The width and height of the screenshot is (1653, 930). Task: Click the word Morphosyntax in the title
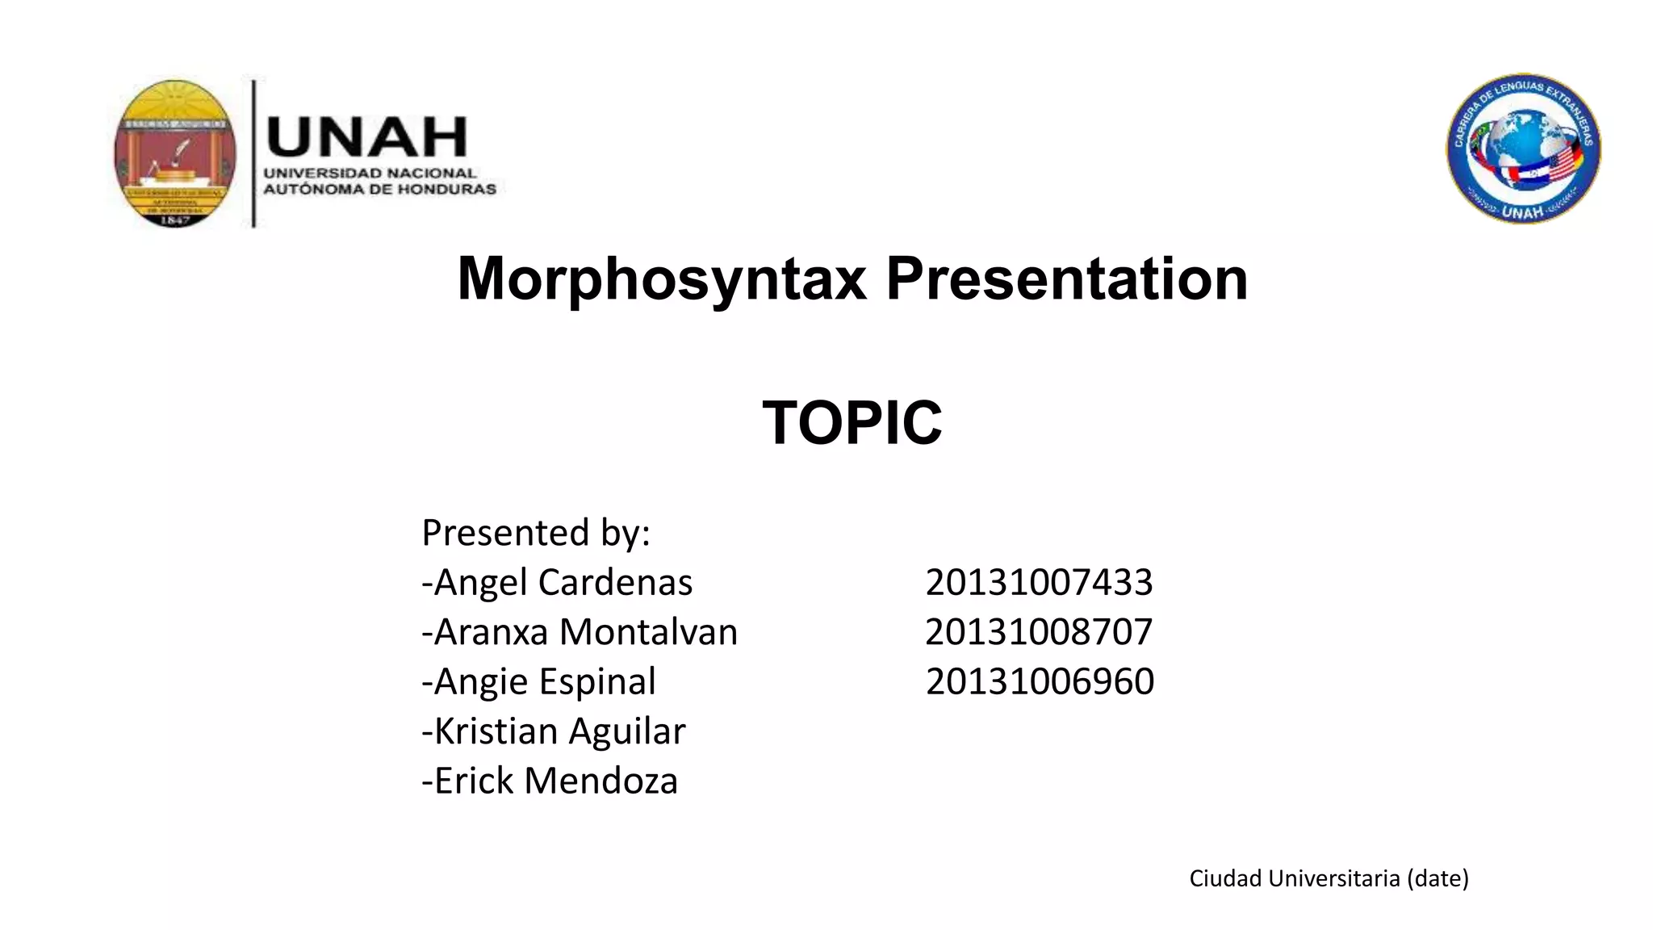662,279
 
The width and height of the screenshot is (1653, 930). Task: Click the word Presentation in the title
1066,279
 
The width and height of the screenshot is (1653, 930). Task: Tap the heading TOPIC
852,423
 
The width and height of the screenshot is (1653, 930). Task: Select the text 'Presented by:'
536,533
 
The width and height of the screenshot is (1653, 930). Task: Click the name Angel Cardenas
557,583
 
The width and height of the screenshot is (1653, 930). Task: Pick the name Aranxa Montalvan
580,632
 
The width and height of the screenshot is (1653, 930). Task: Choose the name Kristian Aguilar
554,731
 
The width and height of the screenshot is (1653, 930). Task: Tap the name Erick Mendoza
550,781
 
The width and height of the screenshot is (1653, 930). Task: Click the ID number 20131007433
1039,583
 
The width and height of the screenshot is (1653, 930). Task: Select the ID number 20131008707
1039,632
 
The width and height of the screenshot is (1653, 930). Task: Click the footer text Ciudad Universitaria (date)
1329,878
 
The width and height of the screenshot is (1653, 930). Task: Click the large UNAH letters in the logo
366,137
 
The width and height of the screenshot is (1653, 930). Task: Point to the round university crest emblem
175,152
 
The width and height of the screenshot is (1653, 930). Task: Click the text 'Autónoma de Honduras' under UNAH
379,190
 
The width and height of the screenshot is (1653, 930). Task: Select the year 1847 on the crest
175,220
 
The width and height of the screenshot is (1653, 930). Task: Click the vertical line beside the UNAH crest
254,153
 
